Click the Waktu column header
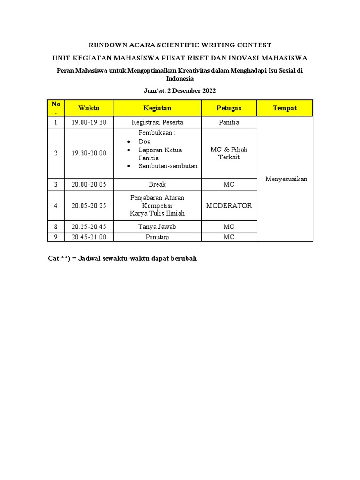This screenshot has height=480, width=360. pos(89,108)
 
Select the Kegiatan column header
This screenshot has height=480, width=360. pos(157,108)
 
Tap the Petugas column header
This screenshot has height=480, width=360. pos(229,108)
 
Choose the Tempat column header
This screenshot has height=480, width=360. pos(285,108)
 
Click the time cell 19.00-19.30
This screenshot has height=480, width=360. pos(89,122)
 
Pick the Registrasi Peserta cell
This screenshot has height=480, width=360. pos(157,122)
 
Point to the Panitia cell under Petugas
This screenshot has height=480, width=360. pos(229,122)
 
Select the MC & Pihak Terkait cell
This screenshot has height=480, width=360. pos(229,153)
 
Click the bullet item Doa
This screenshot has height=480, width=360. pos(144,142)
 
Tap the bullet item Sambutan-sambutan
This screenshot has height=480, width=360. pos(168,166)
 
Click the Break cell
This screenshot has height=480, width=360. pos(157,184)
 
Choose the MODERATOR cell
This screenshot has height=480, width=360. pos(229,205)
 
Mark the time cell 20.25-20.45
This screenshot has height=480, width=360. pos(89,226)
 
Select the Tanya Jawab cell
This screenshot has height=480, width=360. pos(157,226)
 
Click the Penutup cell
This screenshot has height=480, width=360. pos(157,237)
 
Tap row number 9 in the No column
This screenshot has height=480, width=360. pos(56,237)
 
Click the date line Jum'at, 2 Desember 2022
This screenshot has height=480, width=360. pos(180,90)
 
